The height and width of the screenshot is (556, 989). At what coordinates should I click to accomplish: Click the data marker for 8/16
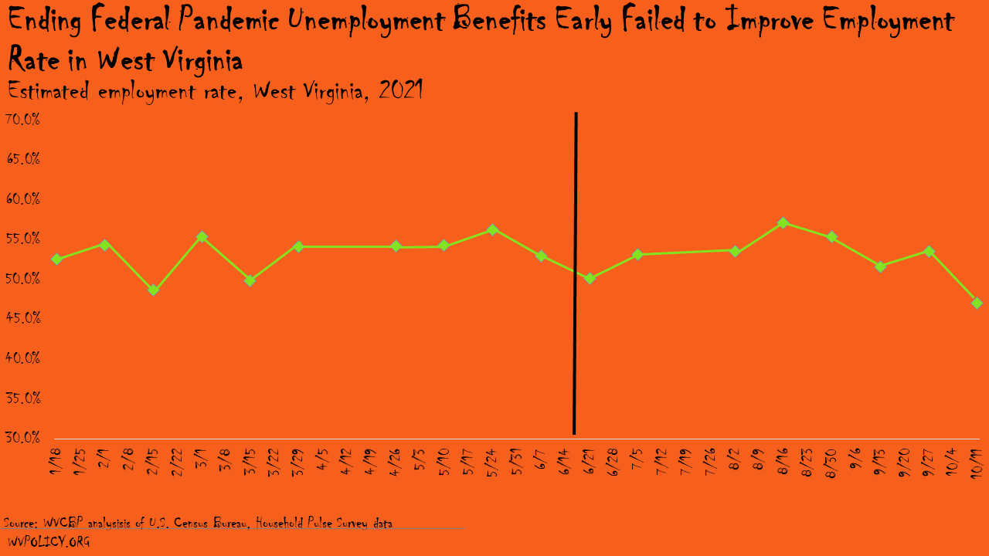click(x=783, y=223)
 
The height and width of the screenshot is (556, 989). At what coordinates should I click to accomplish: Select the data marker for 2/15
click(x=153, y=290)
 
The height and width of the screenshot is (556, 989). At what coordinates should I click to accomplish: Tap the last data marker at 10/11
click(x=977, y=303)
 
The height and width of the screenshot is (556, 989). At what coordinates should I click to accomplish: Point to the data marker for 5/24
click(x=492, y=229)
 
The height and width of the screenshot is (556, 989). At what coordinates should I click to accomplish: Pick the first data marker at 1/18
click(x=56, y=259)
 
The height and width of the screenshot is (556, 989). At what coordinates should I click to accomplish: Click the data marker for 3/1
click(x=202, y=237)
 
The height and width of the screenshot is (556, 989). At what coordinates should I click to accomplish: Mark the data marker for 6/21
click(x=590, y=279)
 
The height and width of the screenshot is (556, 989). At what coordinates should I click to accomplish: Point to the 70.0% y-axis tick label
click(x=22, y=120)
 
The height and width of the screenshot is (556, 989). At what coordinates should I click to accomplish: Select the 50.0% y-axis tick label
click(x=22, y=279)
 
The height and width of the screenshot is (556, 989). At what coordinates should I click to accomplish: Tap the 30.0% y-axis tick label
click(x=22, y=438)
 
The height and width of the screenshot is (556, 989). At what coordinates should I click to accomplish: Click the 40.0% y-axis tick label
click(x=22, y=358)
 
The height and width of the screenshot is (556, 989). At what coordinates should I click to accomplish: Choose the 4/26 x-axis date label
click(x=396, y=459)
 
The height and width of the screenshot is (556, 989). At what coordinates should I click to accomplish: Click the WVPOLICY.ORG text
click(x=49, y=542)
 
